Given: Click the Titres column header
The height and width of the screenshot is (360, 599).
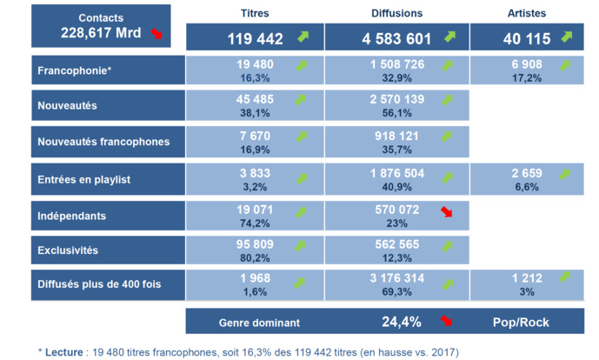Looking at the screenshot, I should [254, 13].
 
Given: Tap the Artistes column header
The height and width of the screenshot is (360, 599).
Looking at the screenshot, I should [529, 13].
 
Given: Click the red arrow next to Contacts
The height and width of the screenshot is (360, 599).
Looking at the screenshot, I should [156, 34].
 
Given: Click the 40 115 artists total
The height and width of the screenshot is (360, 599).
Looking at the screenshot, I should [522, 39].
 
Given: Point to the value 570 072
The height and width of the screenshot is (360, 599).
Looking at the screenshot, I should [396, 209].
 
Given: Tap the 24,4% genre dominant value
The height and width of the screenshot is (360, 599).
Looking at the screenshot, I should [402, 322].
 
